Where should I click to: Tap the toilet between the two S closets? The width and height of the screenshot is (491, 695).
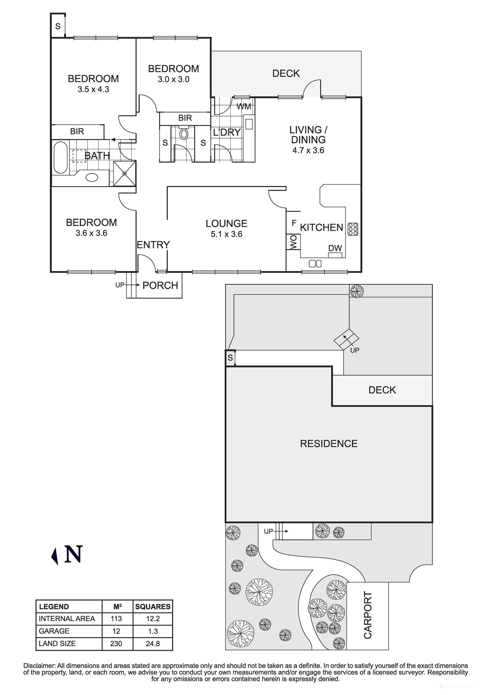[x=184, y=134]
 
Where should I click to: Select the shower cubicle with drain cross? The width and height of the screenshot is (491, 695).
[x=124, y=173]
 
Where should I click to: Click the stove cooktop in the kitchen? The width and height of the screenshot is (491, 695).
[x=353, y=229]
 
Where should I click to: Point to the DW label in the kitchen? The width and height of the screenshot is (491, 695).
[x=335, y=248]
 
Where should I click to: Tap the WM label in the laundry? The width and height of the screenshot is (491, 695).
[x=244, y=107]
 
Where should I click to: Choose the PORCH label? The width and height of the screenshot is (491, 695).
[x=160, y=285]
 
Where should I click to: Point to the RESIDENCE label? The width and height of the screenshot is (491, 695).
[x=329, y=444]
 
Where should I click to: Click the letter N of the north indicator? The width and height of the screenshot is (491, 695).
[x=73, y=554]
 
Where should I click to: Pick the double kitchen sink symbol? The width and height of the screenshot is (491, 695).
[x=315, y=264]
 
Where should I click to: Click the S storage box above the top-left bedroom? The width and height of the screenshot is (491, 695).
[x=58, y=26]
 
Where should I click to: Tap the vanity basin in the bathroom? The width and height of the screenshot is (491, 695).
[x=92, y=177]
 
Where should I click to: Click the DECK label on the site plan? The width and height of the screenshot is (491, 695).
[x=382, y=390]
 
